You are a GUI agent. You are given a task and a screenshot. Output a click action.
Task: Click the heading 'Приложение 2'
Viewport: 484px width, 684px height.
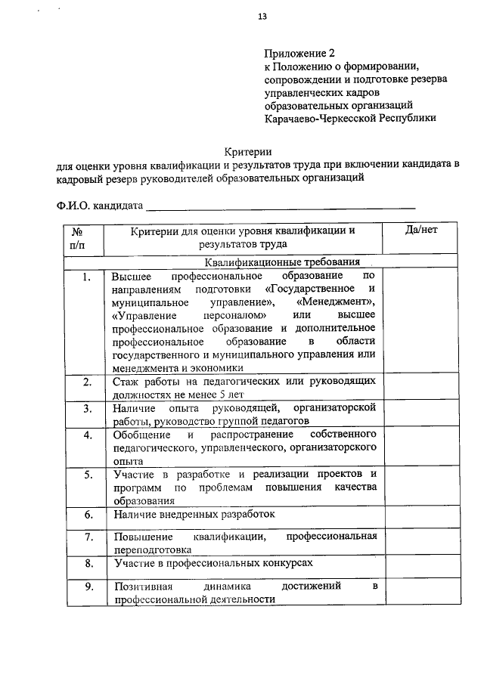point(299,54)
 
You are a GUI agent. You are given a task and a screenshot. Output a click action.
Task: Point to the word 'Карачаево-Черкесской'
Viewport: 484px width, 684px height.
point(318,119)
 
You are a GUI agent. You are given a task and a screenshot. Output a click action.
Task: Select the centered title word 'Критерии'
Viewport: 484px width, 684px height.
point(249,152)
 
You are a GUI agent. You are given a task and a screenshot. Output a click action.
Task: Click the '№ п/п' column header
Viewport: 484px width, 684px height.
point(78,237)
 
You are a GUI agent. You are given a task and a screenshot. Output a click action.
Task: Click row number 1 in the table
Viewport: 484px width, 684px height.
point(88,277)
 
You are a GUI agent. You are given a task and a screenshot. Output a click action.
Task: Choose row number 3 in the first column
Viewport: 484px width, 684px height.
point(88,409)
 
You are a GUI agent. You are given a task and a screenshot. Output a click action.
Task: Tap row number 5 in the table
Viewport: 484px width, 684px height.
point(88,475)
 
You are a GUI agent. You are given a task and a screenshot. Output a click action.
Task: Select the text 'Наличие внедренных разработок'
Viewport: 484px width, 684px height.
point(194,515)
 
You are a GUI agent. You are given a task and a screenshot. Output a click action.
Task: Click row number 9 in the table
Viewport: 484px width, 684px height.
point(88,587)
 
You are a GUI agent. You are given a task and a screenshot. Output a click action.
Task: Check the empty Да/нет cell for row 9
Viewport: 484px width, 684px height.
point(421,592)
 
